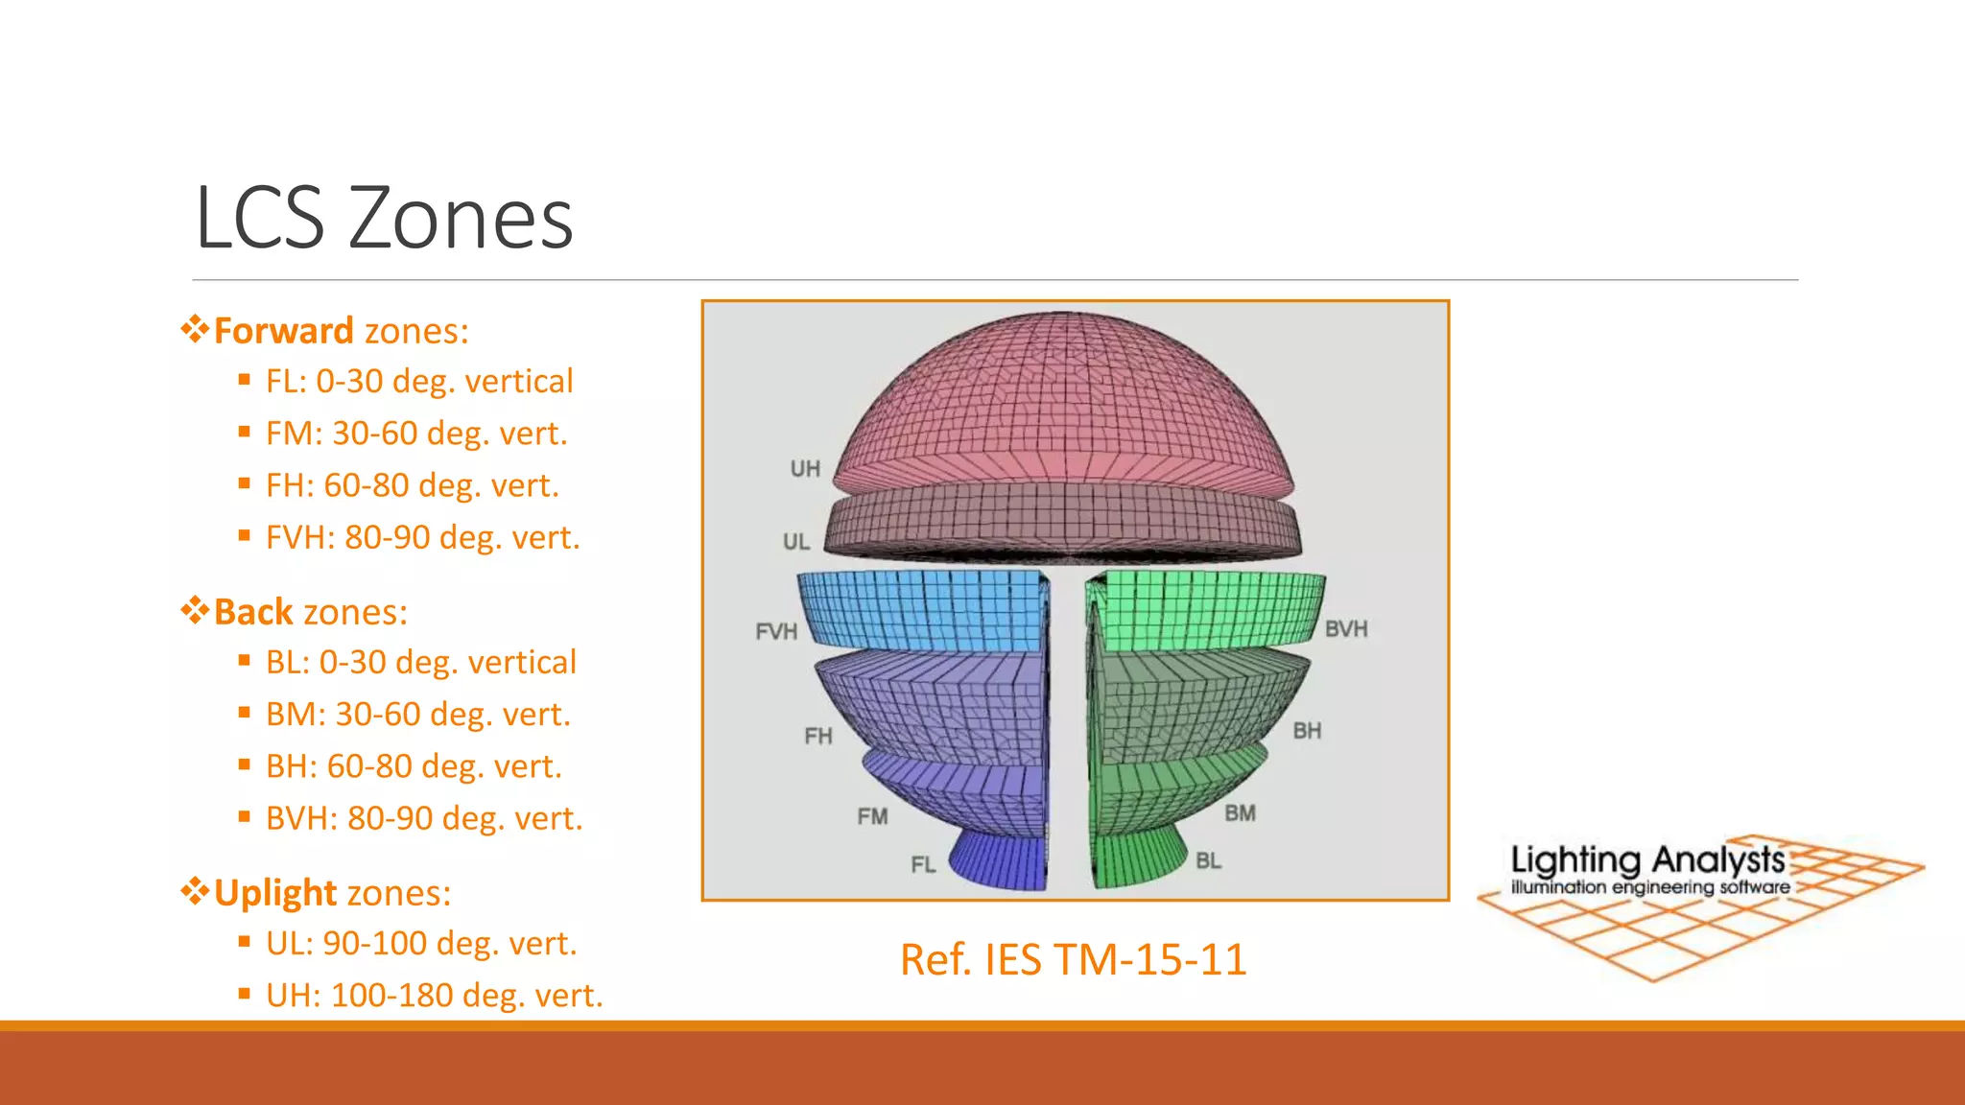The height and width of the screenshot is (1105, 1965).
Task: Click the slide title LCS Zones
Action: tap(384, 219)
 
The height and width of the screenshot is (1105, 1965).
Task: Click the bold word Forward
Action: tap(283, 331)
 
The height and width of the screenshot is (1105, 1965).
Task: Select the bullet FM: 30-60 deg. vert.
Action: tap(416, 434)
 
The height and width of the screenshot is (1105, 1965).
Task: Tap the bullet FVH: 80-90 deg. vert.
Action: tap(422, 537)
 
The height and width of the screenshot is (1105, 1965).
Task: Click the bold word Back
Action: tap(252, 612)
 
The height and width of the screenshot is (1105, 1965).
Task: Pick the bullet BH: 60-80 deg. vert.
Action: tap(414, 766)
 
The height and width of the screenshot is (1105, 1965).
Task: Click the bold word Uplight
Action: tap(275, 893)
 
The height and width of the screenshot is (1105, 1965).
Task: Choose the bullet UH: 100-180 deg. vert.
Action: tap(434, 996)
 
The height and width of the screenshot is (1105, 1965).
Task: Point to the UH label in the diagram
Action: tap(805, 469)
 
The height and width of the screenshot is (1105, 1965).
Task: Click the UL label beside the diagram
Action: tap(796, 542)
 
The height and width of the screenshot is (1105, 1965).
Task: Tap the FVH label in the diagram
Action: tap(776, 632)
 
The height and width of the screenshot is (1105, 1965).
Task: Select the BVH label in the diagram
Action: tap(1346, 629)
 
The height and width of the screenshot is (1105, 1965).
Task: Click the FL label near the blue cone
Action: tap(923, 865)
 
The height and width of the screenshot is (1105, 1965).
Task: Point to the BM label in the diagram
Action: tap(1240, 813)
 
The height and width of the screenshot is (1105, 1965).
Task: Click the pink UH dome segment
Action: tap(1063, 403)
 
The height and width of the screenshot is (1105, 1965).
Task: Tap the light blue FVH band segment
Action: tap(921, 611)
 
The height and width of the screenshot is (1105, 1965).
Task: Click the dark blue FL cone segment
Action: tap(1003, 860)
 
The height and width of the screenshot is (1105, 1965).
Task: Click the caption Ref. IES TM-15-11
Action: tap(1073, 959)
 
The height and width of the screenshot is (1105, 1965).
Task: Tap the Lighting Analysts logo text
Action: tap(1647, 860)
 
